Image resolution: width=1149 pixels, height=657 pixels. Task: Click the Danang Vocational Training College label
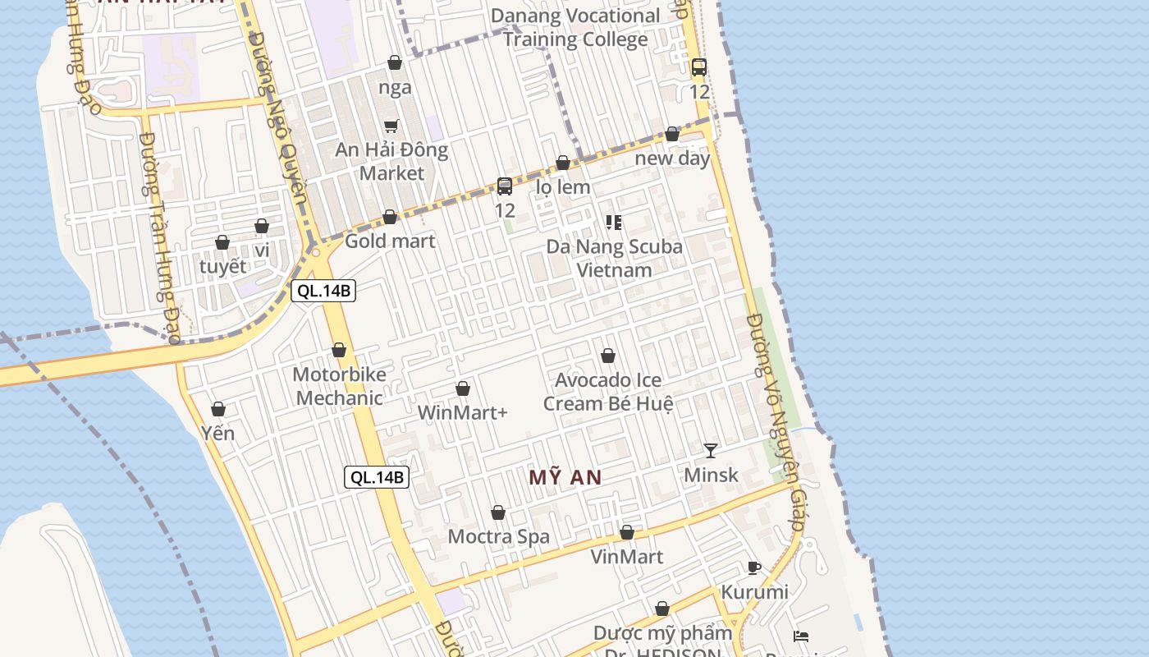(575, 27)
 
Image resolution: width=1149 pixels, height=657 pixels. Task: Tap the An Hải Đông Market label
(391, 161)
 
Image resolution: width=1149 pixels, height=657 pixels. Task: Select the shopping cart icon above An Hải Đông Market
(391, 126)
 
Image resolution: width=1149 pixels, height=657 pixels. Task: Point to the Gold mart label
(390, 241)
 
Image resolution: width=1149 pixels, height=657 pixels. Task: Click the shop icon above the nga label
(395, 62)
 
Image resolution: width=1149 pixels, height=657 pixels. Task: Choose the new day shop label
(672, 158)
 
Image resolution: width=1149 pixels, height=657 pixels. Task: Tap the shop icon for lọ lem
(563, 163)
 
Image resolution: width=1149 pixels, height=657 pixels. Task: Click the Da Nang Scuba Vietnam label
(614, 258)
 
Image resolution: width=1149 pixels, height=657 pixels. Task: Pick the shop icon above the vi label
(262, 226)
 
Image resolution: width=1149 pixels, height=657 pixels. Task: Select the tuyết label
(222, 266)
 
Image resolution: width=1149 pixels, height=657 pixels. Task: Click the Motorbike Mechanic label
(339, 386)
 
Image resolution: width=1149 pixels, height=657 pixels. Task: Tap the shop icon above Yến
(218, 409)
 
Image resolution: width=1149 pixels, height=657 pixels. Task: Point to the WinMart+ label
(463, 412)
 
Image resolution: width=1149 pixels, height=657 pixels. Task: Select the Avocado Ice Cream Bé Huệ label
(608, 392)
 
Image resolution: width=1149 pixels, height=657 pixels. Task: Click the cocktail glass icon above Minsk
(711, 450)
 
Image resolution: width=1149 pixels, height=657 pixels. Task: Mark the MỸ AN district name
(565, 477)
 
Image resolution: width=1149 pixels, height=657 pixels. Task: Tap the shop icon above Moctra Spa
(498, 513)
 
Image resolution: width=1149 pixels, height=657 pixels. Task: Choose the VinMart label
(627, 556)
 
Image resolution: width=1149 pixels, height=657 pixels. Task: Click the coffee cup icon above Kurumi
(754, 567)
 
